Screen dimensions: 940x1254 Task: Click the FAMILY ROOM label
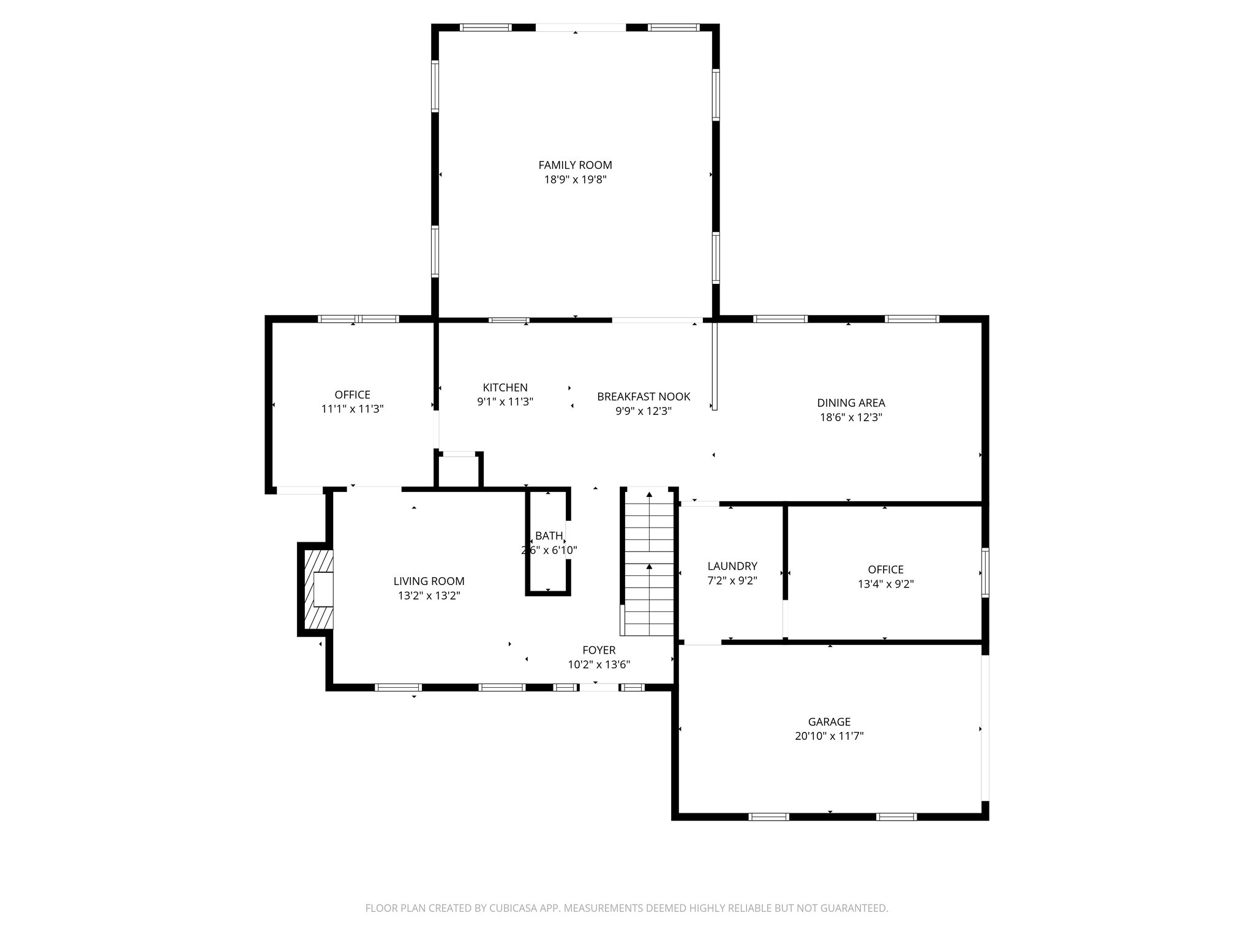pos(575,165)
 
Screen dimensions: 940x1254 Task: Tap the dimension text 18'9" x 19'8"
pos(575,180)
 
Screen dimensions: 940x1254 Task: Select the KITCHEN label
pos(505,387)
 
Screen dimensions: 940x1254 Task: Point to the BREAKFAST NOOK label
pos(644,397)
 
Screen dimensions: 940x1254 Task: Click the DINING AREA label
pos(850,403)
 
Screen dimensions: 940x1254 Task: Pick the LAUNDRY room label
pos(732,566)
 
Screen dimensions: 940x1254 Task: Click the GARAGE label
pos(829,722)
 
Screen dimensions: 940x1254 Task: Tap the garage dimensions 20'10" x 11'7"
pos(829,736)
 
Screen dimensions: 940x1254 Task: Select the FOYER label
pos(598,650)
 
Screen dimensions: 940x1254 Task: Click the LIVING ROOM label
pos(429,581)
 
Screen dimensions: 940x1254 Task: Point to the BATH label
pos(548,535)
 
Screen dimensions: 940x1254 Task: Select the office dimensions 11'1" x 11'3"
pos(352,409)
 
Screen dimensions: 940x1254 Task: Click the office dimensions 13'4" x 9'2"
pos(885,584)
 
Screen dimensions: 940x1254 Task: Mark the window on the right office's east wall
pos(985,573)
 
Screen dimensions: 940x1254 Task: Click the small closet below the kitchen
pos(459,471)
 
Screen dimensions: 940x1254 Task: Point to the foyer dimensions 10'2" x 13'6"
pos(598,665)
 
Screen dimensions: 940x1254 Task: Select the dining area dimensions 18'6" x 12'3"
pos(850,417)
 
